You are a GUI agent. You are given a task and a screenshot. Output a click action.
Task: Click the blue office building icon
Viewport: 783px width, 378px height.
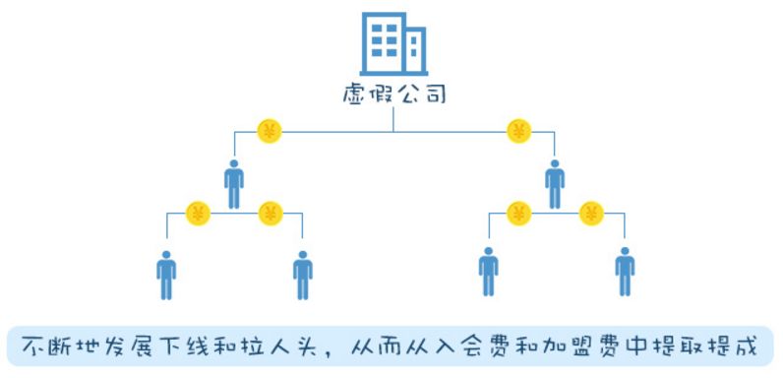[x=393, y=43]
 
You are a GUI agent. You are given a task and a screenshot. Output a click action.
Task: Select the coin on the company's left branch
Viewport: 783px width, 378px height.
[x=270, y=132]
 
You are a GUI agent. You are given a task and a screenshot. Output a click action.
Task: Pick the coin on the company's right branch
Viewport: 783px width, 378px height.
[x=518, y=132]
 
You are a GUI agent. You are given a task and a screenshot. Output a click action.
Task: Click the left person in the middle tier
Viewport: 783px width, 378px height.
[x=234, y=184]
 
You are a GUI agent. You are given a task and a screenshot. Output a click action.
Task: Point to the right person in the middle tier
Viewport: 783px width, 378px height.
[x=555, y=184]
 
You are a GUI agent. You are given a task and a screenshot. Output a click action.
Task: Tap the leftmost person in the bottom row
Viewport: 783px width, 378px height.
[x=166, y=275]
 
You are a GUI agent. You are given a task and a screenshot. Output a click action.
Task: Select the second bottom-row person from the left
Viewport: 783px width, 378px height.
[x=303, y=275]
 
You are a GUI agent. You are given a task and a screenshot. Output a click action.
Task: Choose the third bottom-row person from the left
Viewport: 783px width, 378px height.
[x=488, y=272]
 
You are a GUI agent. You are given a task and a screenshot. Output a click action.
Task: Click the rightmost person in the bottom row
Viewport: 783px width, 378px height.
[x=625, y=272]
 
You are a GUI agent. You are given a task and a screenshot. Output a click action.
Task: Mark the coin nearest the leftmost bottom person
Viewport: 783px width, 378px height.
[x=198, y=214]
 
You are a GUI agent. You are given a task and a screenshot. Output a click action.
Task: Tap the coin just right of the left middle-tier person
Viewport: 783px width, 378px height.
[x=271, y=214]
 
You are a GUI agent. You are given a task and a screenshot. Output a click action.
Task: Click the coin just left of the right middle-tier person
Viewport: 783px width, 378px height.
[x=518, y=214]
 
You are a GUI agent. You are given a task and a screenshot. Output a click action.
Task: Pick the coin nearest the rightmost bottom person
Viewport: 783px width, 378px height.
[x=591, y=214]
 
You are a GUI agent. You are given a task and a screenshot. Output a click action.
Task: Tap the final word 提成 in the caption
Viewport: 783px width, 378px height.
[x=735, y=346]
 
